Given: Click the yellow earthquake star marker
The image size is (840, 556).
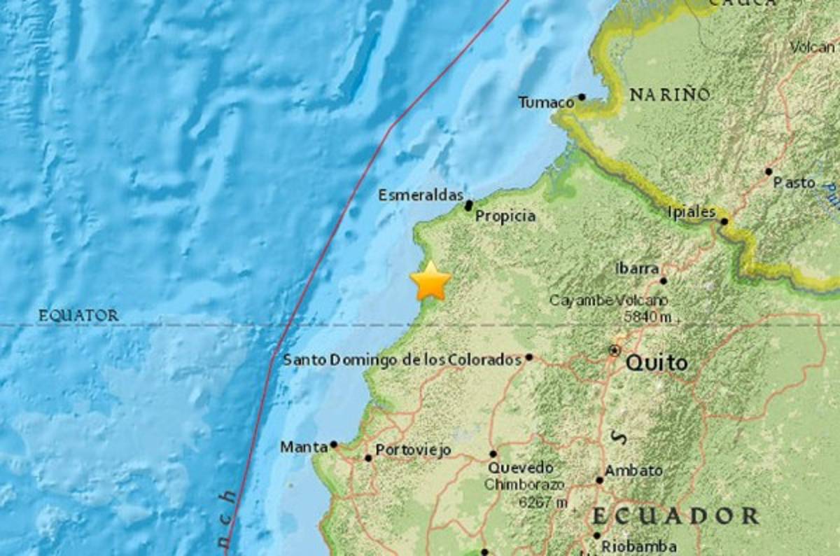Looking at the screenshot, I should (x=430, y=282).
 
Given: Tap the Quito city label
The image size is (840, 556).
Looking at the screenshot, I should (x=657, y=363).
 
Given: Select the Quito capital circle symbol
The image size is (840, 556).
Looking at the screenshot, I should (x=615, y=349).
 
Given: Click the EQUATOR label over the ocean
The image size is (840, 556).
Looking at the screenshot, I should (x=78, y=316).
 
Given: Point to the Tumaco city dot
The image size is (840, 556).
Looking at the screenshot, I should (x=582, y=97).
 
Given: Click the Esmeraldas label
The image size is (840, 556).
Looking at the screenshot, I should (x=421, y=195).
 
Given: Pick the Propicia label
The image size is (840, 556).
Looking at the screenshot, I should (x=505, y=216).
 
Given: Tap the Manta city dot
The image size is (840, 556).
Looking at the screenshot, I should (x=334, y=444).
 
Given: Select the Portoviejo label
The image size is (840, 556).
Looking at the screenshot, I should (x=413, y=451).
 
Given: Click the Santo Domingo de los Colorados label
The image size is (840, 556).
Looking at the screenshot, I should (x=402, y=360).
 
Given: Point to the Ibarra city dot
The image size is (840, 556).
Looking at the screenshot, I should (x=663, y=281).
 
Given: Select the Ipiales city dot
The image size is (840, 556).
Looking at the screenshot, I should (x=724, y=221).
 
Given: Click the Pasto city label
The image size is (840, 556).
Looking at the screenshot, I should (x=794, y=183).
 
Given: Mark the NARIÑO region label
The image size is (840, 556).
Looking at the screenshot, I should (x=670, y=95).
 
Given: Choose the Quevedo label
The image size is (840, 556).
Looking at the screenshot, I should (x=521, y=467).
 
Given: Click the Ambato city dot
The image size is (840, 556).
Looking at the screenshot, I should (x=599, y=480).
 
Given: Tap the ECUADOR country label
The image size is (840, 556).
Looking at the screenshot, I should (x=675, y=517).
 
